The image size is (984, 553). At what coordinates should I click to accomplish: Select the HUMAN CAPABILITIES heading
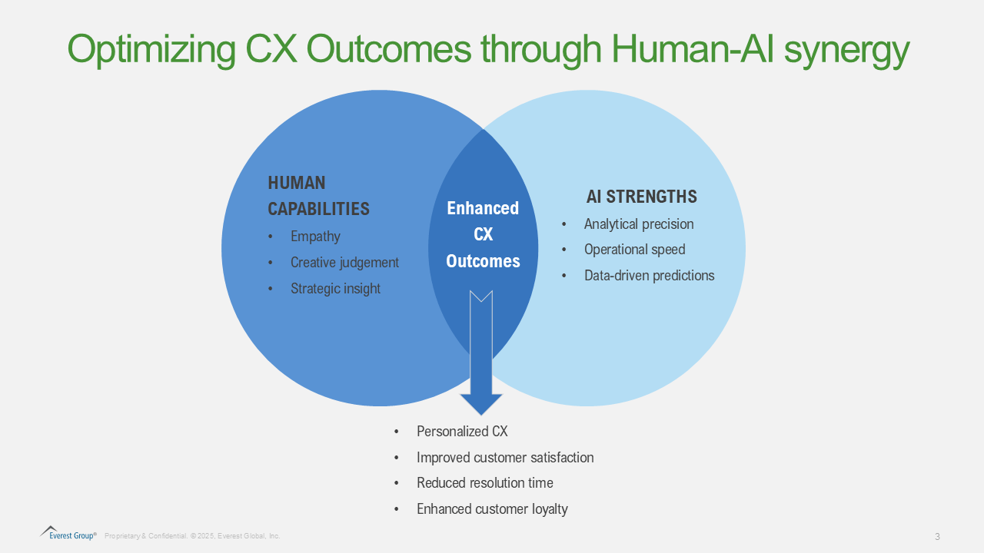pos(318,196)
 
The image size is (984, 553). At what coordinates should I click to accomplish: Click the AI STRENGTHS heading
pos(641,196)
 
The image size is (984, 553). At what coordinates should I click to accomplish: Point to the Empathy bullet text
pos(315,237)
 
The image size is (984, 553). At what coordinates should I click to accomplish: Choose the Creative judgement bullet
pos(344,263)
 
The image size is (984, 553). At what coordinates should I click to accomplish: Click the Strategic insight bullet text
pos(335,288)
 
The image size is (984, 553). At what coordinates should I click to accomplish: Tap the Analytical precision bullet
pos(639,224)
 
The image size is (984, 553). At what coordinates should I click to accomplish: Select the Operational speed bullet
pos(634,250)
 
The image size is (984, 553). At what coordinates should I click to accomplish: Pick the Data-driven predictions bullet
pos(650,275)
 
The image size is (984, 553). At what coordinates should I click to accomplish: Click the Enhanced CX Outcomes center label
pos(483,234)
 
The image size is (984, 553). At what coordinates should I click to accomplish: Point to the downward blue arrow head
pos(481,404)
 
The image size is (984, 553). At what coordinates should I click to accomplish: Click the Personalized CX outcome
pos(462,432)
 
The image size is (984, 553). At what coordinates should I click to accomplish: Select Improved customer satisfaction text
pos(505,457)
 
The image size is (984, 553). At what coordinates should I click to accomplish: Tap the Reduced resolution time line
pos(485,483)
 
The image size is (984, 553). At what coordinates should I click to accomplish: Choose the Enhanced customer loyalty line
pos(492,508)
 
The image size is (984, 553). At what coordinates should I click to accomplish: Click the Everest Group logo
pos(68,533)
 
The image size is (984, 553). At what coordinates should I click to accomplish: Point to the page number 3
pos(937,536)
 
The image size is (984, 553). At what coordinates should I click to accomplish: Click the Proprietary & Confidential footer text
pos(192,536)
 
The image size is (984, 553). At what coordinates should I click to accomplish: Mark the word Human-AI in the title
pos(692,49)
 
